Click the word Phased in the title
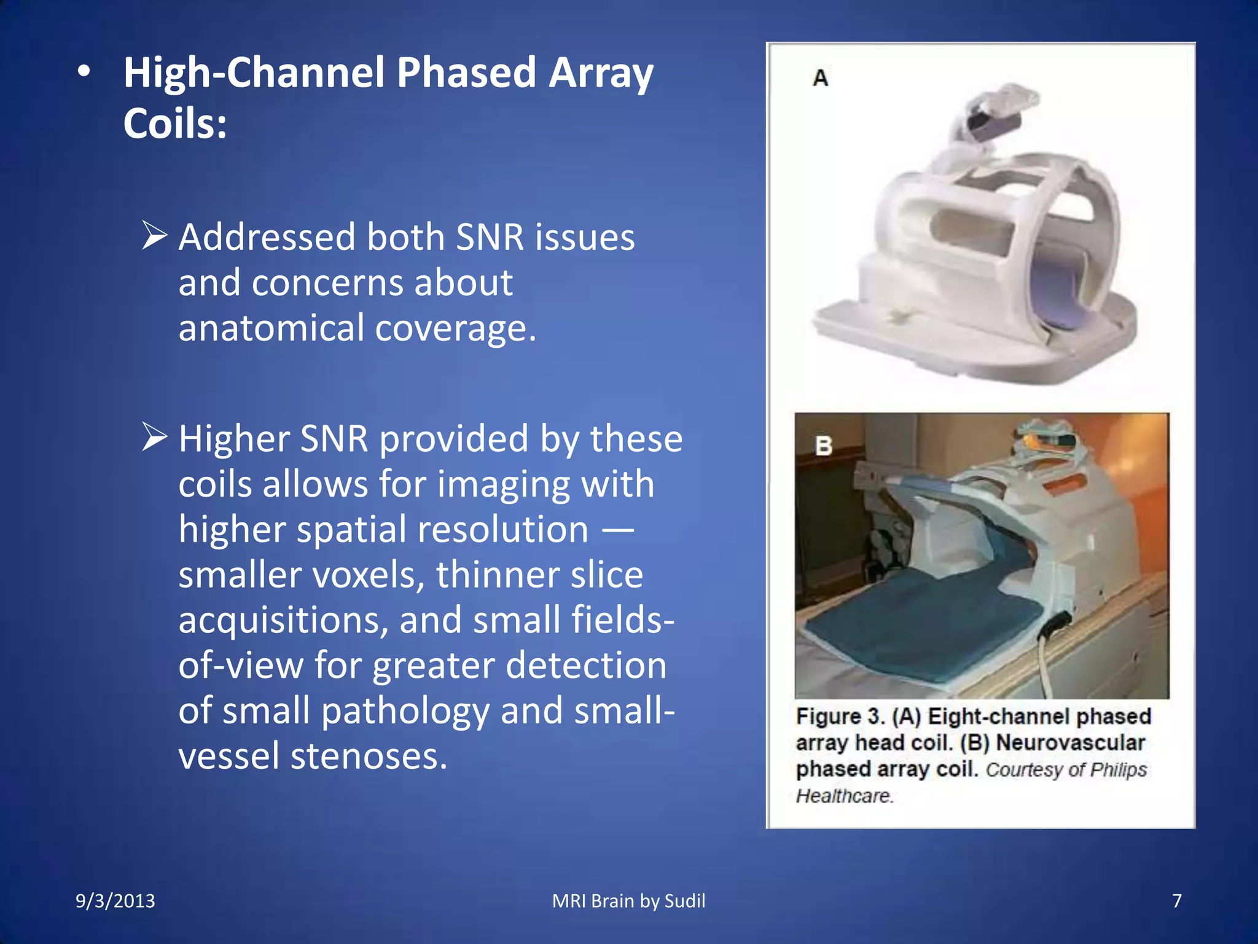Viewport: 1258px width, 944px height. click(466, 73)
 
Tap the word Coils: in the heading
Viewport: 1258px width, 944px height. click(175, 124)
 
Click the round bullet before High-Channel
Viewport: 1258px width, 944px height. click(84, 73)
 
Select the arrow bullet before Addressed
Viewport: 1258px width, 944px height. click(154, 236)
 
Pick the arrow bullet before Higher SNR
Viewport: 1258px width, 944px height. click(154, 437)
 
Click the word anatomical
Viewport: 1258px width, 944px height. click(271, 328)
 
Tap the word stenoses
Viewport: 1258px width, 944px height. click(369, 756)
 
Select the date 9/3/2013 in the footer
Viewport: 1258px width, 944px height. click(115, 901)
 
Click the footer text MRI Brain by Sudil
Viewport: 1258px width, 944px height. click(628, 901)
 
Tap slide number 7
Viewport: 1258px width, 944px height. click(1177, 901)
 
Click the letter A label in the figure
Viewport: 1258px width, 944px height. click(821, 79)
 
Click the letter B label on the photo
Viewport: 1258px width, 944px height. click(824, 446)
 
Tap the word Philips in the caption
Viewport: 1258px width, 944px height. click(1119, 770)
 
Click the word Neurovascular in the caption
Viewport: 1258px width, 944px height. click(1070, 743)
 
